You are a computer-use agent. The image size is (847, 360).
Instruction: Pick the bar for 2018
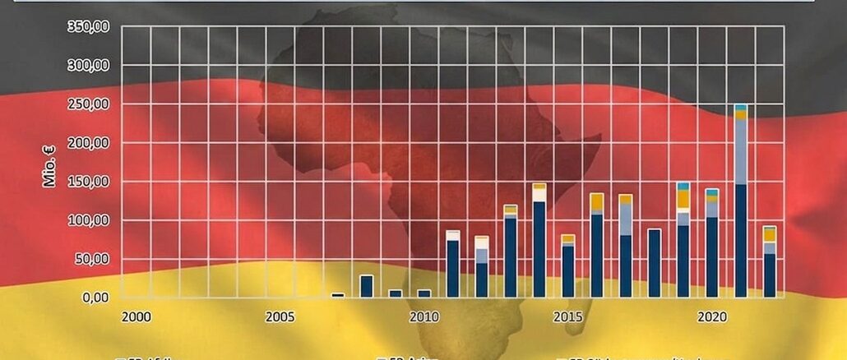coord(655,263)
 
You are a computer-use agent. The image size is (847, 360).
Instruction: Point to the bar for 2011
coord(453,264)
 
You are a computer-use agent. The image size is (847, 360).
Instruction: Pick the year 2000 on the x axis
coord(136,316)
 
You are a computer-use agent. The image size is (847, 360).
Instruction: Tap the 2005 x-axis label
coord(280,316)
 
